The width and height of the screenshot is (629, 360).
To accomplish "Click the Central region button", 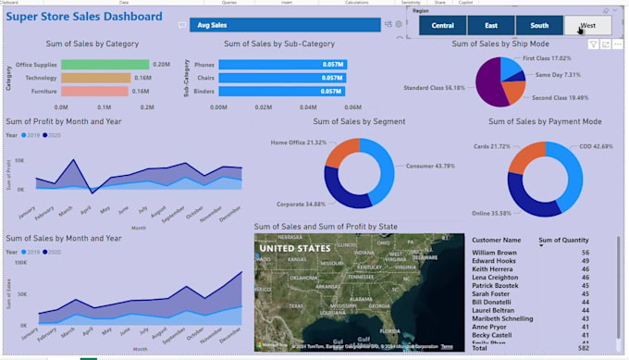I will [442, 26].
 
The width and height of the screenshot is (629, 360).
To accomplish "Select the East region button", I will [491, 26].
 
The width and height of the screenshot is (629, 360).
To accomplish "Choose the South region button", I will [539, 26].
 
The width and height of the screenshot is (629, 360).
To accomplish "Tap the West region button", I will [587, 26].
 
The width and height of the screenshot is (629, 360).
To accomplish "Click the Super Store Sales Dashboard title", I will [85, 17].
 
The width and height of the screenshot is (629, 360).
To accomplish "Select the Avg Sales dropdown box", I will [285, 25].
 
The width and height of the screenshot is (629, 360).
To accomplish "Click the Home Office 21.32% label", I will [298, 143].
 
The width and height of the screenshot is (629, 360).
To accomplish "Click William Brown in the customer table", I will [494, 253].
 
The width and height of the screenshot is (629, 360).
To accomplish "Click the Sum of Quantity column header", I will [564, 240].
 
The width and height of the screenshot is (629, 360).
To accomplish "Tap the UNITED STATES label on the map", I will [293, 248].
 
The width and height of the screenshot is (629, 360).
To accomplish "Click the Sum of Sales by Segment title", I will [361, 121].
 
